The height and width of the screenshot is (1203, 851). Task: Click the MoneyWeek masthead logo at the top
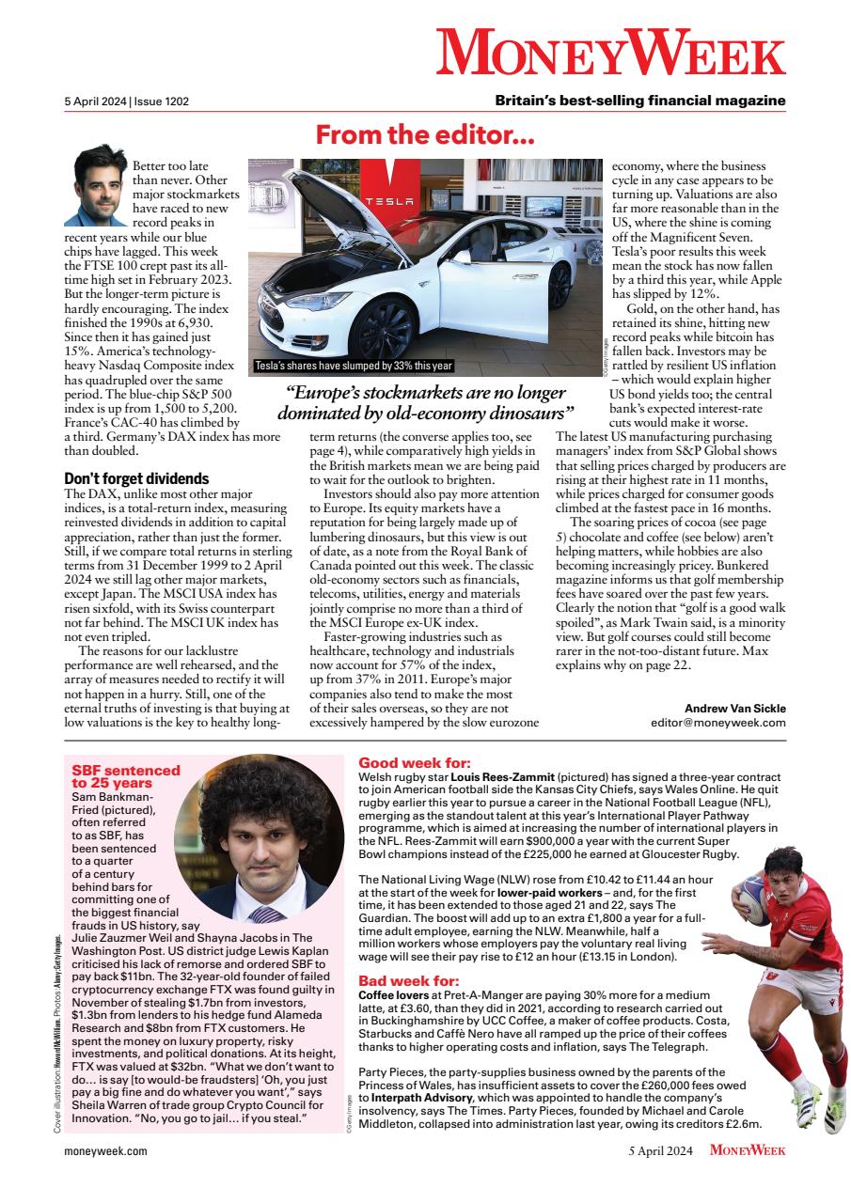(611, 51)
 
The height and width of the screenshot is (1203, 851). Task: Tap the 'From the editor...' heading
(425, 135)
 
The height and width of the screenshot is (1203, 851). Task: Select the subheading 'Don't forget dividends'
(136, 478)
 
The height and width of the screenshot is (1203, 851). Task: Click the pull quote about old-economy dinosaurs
(425, 402)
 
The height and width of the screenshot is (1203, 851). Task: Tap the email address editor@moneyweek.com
(717, 723)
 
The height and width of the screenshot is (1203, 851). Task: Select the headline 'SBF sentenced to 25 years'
(113, 775)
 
